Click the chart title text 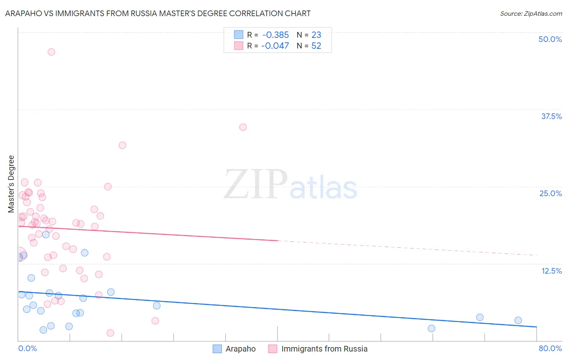coord(158,13)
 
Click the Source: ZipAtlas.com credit coord(531,13)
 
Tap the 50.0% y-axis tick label coord(550,39)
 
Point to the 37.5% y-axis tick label coord(551,116)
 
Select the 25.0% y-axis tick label coord(550,193)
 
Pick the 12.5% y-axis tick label coord(551,271)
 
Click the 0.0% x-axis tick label coord(27,348)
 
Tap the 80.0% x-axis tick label coord(550,348)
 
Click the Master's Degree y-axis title coord(11,184)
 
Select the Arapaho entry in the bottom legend coord(240,349)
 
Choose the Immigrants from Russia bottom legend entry coord(324,349)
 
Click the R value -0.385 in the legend coord(275,35)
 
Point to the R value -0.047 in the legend coord(275,46)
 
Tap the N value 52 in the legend coord(316,46)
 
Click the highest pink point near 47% coord(51,52)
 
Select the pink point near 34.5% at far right coord(243,127)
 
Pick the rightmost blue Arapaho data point coord(518,320)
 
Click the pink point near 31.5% coord(123,145)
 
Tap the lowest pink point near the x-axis coord(110,333)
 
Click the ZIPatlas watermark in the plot coord(290,185)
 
